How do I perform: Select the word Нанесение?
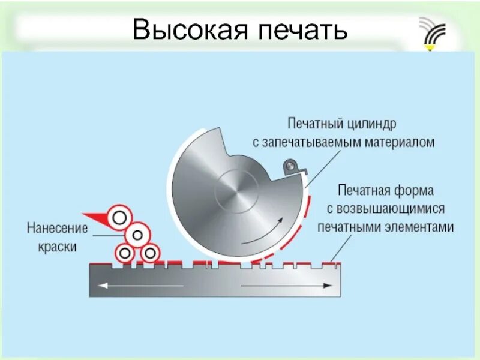tap(56, 229)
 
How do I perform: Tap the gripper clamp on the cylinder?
tap(291, 167)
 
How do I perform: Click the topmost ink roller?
tap(119, 216)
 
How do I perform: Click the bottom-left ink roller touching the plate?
tap(125, 253)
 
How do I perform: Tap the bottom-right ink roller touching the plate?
tap(149, 253)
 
